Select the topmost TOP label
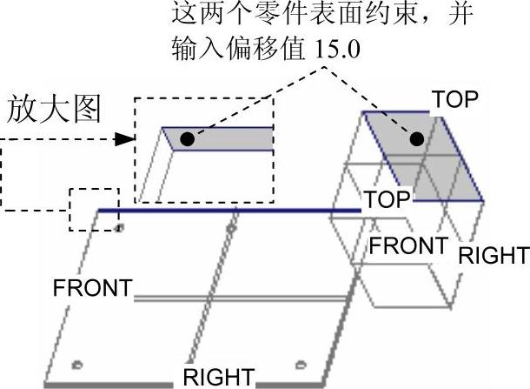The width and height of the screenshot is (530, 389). click(455, 99)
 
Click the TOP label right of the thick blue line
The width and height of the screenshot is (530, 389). click(387, 199)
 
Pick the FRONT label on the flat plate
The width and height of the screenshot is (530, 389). click(92, 288)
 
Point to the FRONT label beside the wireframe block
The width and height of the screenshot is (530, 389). click(408, 245)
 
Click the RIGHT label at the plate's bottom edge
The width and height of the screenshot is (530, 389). click(218, 378)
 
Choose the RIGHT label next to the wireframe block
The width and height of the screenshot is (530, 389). click(493, 256)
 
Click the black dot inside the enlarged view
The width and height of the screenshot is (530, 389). click(187, 137)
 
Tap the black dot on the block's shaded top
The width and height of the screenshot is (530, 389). click(417, 138)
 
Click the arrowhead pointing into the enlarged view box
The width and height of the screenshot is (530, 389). click(127, 138)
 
